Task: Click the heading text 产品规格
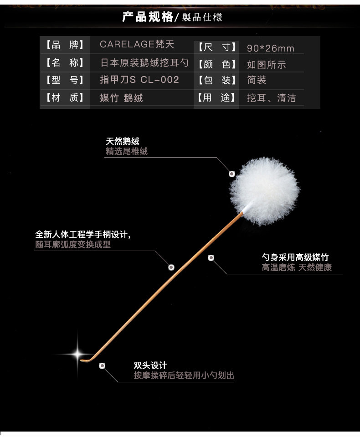pyautogui.click(x=147, y=17)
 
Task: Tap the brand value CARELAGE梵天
pyautogui.click(x=137, y=45)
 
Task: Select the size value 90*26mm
pyautogui.click(x=270, y=48)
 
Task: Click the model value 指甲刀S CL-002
pyautogui.click(x=139, y=80)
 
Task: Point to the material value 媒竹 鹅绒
pyautogui.click(x=121, y=98)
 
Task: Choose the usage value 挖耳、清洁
pyautogui.click(x=271, y=98)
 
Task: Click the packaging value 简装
pyautogui.click(x=257, y=80)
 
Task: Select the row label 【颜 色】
pyautogui.click(x=217, y=64)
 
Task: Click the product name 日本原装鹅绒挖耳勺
pyautogui.click(x=144, y=62)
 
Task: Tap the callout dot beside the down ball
pyautogui.click(x=231, y=174)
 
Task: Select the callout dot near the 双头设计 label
pyautogui.click(x=102, y=365)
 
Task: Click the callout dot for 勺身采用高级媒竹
pyautogui.click(x=211, y=258)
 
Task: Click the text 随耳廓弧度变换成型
pyautogui.click(x=73, y=245)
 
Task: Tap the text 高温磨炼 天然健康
pyautogui.click(x=297, y=267)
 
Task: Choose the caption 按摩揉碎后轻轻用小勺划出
pyautogui.click(x=184, y=375)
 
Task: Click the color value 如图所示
pyautogui.click(x=267, y=65)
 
